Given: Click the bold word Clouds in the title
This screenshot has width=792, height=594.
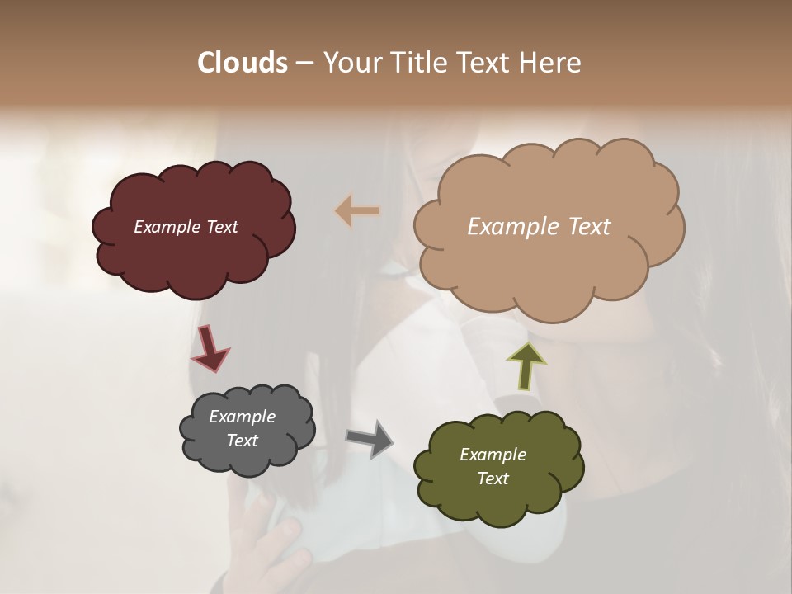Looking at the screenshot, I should tap(242, 63).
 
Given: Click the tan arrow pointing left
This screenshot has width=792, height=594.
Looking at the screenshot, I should tap(356, 211).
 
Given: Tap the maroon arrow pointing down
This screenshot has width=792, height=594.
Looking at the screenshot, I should tap(210, 347).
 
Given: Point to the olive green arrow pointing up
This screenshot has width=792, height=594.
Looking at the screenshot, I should tap(526, 365).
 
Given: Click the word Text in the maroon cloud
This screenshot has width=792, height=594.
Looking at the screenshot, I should tap(221, 227).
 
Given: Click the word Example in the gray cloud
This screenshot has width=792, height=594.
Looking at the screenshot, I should tap(242, 417).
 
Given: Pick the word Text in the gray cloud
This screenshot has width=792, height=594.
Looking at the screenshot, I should tap(242, 441).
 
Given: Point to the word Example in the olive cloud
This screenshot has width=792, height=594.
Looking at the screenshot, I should tap(493, 455).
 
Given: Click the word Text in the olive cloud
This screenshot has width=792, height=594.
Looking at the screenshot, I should tap(493, 478).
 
